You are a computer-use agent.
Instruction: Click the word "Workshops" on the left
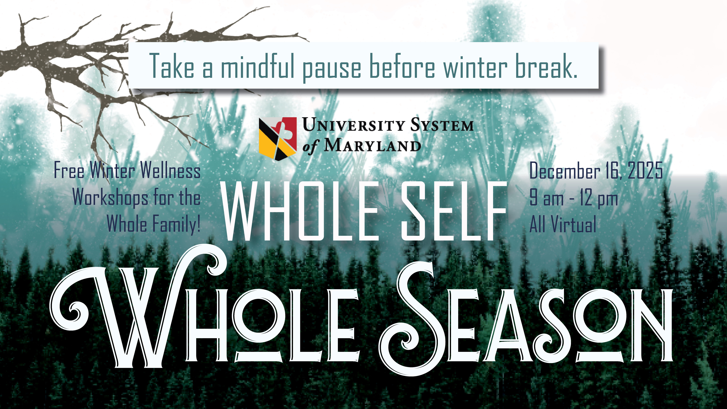coord(110,198)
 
